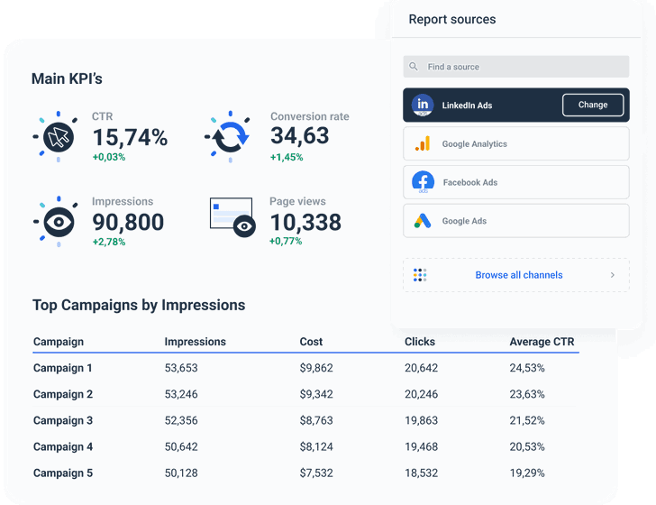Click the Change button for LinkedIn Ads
(592, 105)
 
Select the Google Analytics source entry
(515, 143)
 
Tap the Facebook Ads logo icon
(423, 182)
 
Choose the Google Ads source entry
(515, 221)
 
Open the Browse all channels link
(518, 275)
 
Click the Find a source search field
(515, 67)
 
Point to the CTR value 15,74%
(130, 137)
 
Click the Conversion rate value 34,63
(299, 136)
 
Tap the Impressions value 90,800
(128, 222)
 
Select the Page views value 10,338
(305, 222)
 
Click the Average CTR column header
(542, 342)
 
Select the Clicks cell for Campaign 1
(421, 368)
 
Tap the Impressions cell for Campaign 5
(181, 473)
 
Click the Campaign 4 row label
(63, 446)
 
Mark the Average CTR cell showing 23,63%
(527, 394)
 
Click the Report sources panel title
(452, 19)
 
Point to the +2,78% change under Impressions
(109, 242)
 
